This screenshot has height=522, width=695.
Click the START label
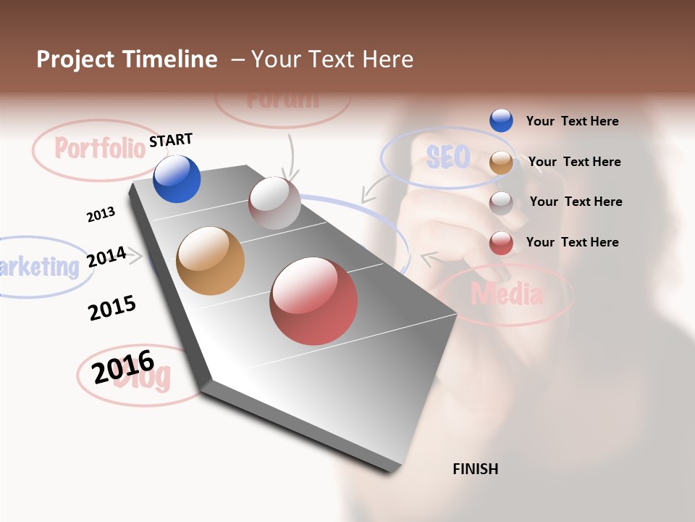tap(171, 140)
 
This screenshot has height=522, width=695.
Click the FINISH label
tap(475, 469)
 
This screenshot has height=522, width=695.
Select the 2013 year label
tap(101, 215)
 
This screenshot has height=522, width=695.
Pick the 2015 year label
tap(112, 307)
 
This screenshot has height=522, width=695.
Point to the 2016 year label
tap(123, 366)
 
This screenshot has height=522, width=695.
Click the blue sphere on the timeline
tap(177, 179)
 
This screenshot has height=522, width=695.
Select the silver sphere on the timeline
tap(274, 203)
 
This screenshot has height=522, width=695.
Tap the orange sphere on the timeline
tap(211, 261)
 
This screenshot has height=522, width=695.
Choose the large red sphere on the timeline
tap(313, 301)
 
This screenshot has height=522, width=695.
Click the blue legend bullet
tap(501, 121)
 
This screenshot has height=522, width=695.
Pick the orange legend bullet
tap(501, 162)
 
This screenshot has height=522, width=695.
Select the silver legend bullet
tap(501, 202)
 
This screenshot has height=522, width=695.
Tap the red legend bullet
tap(501, 243)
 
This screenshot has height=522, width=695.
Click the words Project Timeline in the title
tap(127, 59)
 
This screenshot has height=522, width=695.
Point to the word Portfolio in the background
tap(100, 148)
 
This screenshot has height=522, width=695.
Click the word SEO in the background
tap(448, 157)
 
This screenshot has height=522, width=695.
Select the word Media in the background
tap(507, 294)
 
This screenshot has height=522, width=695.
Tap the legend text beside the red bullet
tap(572, 242)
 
